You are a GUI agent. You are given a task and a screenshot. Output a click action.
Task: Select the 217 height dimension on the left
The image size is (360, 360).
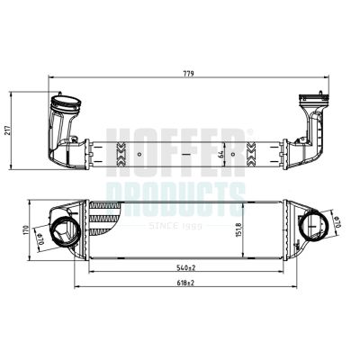coord(10,130)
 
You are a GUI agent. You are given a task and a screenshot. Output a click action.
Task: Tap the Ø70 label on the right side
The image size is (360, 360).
coord(329,221)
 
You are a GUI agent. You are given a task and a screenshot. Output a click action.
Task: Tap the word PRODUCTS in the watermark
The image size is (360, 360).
coord(180,192)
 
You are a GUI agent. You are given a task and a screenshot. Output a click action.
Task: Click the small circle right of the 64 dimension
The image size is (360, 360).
coord(234,154)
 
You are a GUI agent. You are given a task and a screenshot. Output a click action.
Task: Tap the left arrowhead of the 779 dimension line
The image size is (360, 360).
coord(51,77)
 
